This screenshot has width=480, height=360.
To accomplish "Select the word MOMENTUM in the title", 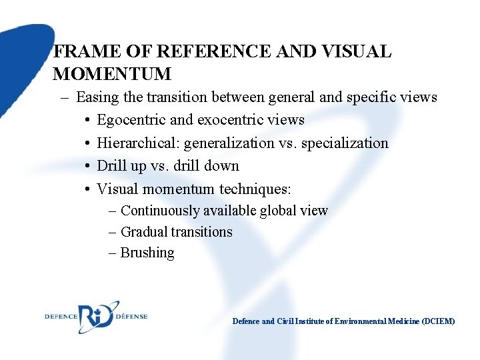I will pos(112,73).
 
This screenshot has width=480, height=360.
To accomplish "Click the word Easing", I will pos(98,97).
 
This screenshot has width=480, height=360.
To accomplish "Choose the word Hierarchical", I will pos(139,143).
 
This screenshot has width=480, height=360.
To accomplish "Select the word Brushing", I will pos(147,253).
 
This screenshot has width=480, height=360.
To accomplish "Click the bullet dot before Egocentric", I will pos(88,121).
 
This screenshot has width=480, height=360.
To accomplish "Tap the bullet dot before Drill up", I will pos(88,166).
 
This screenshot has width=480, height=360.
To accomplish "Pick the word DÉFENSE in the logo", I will pos(131,316).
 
